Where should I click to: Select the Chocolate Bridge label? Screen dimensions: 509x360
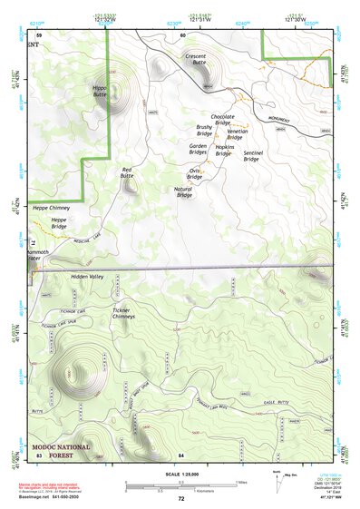coord(223,121)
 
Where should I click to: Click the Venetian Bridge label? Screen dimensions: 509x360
coord(230,134)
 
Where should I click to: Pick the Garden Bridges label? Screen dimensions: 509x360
coord(198,149)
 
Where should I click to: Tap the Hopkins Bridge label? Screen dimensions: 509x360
coord(225,150)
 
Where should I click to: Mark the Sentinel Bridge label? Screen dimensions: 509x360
coord(258,156)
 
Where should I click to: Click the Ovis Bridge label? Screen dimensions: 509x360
coord(195,172)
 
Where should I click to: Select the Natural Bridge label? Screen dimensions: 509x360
coord(183,191)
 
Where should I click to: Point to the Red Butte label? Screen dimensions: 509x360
coord(133,173)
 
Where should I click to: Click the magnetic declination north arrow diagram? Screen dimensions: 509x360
coord(277,482)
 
